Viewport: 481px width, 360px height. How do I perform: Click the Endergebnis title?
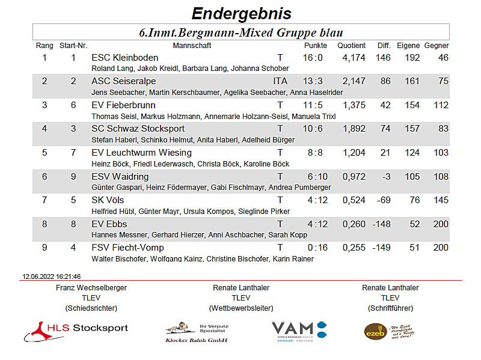[x=240, y=13]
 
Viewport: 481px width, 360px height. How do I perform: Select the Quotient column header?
[x=351, y=46]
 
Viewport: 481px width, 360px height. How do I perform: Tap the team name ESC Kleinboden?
[x=124, y=58]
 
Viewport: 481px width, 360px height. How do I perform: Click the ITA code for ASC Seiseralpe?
[x=280, y=81]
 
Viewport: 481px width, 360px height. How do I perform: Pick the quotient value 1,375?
[x=354, y=105]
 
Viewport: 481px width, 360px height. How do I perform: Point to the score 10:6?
[x=313, y=129]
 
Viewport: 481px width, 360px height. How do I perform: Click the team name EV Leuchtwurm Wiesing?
[x=141, y=153]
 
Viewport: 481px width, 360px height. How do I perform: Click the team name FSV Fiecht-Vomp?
[x=127, y=248]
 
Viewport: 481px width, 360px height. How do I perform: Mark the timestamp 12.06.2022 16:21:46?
[x=52, y=276]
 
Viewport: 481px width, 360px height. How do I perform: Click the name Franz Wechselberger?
[x=91, y=288]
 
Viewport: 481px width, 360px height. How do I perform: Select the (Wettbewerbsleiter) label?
[x=241, y=308]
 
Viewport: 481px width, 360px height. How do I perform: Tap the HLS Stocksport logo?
[x=76, y=329]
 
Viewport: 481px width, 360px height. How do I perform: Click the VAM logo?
[x=299, y=329]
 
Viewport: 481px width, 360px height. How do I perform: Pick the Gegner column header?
[x=437, y=46]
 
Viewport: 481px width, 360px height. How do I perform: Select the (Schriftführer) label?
[x=390, y=308]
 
